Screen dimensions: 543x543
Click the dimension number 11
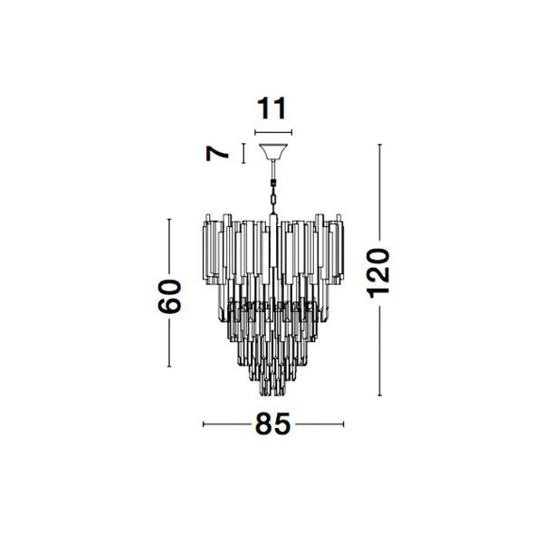pos(271,108)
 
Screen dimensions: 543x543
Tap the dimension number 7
pos(217,154)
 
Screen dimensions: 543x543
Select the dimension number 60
pos(170,297)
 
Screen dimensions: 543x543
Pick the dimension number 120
pos(378,273)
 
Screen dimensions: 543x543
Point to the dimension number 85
pos(272,424)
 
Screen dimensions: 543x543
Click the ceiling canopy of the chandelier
pos(273,151)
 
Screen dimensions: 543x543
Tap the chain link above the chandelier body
pos(273,200)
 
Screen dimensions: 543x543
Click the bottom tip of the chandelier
pos(273,395)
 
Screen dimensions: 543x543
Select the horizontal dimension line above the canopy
pos(273,132)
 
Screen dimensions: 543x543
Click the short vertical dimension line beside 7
pos(243,153)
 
